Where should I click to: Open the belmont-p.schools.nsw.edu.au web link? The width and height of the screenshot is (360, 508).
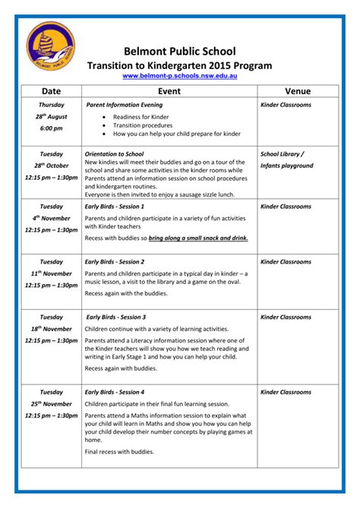point(180,77)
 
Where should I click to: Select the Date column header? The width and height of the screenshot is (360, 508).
point(51,92)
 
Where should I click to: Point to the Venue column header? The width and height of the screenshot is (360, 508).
point(298,92)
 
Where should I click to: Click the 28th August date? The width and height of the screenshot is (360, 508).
point(51,117)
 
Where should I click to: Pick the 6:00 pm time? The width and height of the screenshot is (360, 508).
point(51,128)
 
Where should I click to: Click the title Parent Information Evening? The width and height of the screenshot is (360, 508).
point(125,104)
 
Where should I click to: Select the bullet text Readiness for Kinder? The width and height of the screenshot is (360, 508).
point(141,117)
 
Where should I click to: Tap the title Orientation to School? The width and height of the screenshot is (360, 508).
point(114,153)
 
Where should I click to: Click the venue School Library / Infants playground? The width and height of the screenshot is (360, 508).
point(286,159)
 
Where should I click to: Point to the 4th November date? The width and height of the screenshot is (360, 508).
point(51,218)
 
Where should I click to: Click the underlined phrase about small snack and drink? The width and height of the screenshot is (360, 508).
point(198,238)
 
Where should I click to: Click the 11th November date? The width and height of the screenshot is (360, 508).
point(51,273)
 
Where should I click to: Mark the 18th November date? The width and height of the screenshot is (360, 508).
point(51,329)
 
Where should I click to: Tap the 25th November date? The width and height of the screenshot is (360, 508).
point(51,404)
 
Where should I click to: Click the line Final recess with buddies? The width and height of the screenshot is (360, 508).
point(119,452)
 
